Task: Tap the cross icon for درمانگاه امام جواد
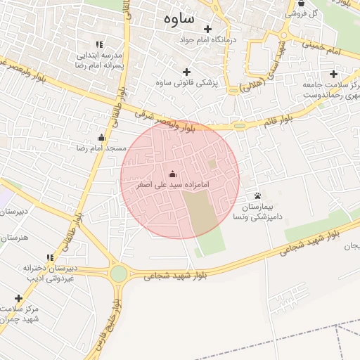[207, 29]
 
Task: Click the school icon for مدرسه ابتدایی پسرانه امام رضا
[99, 44]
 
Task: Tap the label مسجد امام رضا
[101, 148]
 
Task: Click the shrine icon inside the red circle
[173, 174]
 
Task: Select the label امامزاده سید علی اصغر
[173, 185]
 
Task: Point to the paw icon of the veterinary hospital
[258, 195]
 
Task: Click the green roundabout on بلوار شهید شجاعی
[118, 274]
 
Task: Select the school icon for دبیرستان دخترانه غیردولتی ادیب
[50, 257]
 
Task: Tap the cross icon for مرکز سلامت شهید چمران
[18, 298]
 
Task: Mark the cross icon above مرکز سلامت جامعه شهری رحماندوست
[333, 74]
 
